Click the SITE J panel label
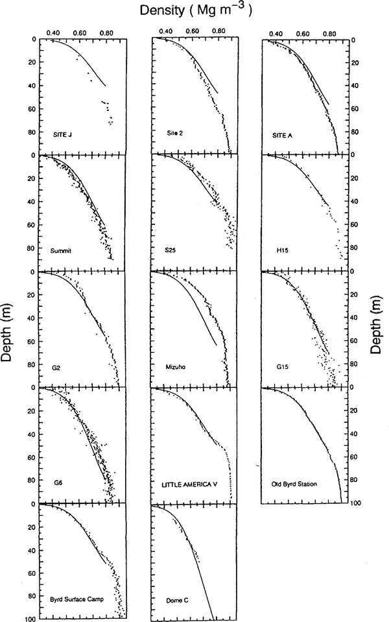[x=62, y=135]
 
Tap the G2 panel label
[x=57, y=366]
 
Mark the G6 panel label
[x=58, y=483]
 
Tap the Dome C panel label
[x=175, y=600]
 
